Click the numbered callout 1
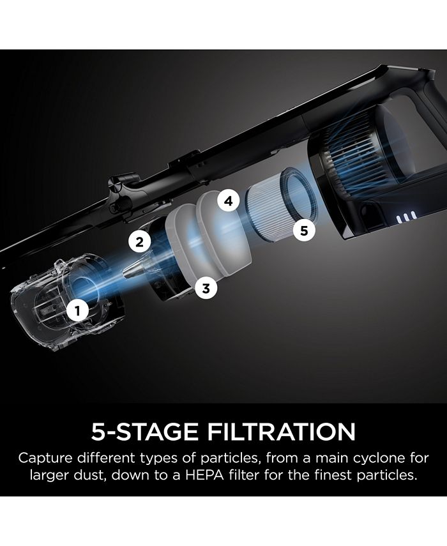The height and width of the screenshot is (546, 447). pos(77,310)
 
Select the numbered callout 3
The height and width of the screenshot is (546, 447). pos(206,288)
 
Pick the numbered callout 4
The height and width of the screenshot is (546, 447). pos(229,201)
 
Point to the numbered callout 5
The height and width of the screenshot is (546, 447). pos(304,231)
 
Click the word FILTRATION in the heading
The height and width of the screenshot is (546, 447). pos(282,432)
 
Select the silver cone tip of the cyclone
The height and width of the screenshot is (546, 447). pos(134,268)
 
